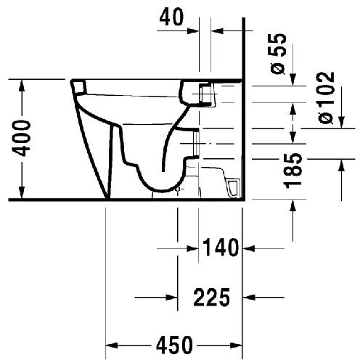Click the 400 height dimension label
pos(22,139)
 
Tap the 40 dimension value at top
pos(171,17)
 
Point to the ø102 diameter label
pos(327,98)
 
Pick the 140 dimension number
pos(221,247)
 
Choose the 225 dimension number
pos(212,297)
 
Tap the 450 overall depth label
pos(174,345)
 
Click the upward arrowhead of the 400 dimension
pos(22,86)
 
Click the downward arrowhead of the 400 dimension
pos(22,192)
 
